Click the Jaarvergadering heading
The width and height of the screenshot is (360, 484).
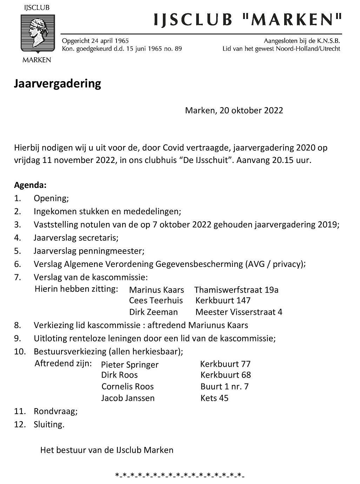tap(58, 84)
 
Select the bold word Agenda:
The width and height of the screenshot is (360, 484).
tap(30, 185)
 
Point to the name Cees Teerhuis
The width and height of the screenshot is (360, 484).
tap(156, 301)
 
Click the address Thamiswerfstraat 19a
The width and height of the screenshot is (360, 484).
tap(236, 290)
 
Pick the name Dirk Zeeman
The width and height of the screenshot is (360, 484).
tap(153, 312)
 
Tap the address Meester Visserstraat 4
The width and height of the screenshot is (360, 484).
tap(239, 312)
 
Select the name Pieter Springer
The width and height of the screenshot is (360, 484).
tap(129, 365)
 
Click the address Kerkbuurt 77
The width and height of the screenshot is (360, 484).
tap(225, 364)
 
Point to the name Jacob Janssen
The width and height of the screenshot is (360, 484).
tap(128, 398)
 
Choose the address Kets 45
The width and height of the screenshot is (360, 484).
tap(214, 398)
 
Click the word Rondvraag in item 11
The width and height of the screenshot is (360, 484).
tap(54, 411)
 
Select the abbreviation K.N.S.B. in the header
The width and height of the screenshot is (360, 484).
tap(327, 41)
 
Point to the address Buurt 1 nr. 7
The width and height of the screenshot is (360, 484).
tap(224, 387)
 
